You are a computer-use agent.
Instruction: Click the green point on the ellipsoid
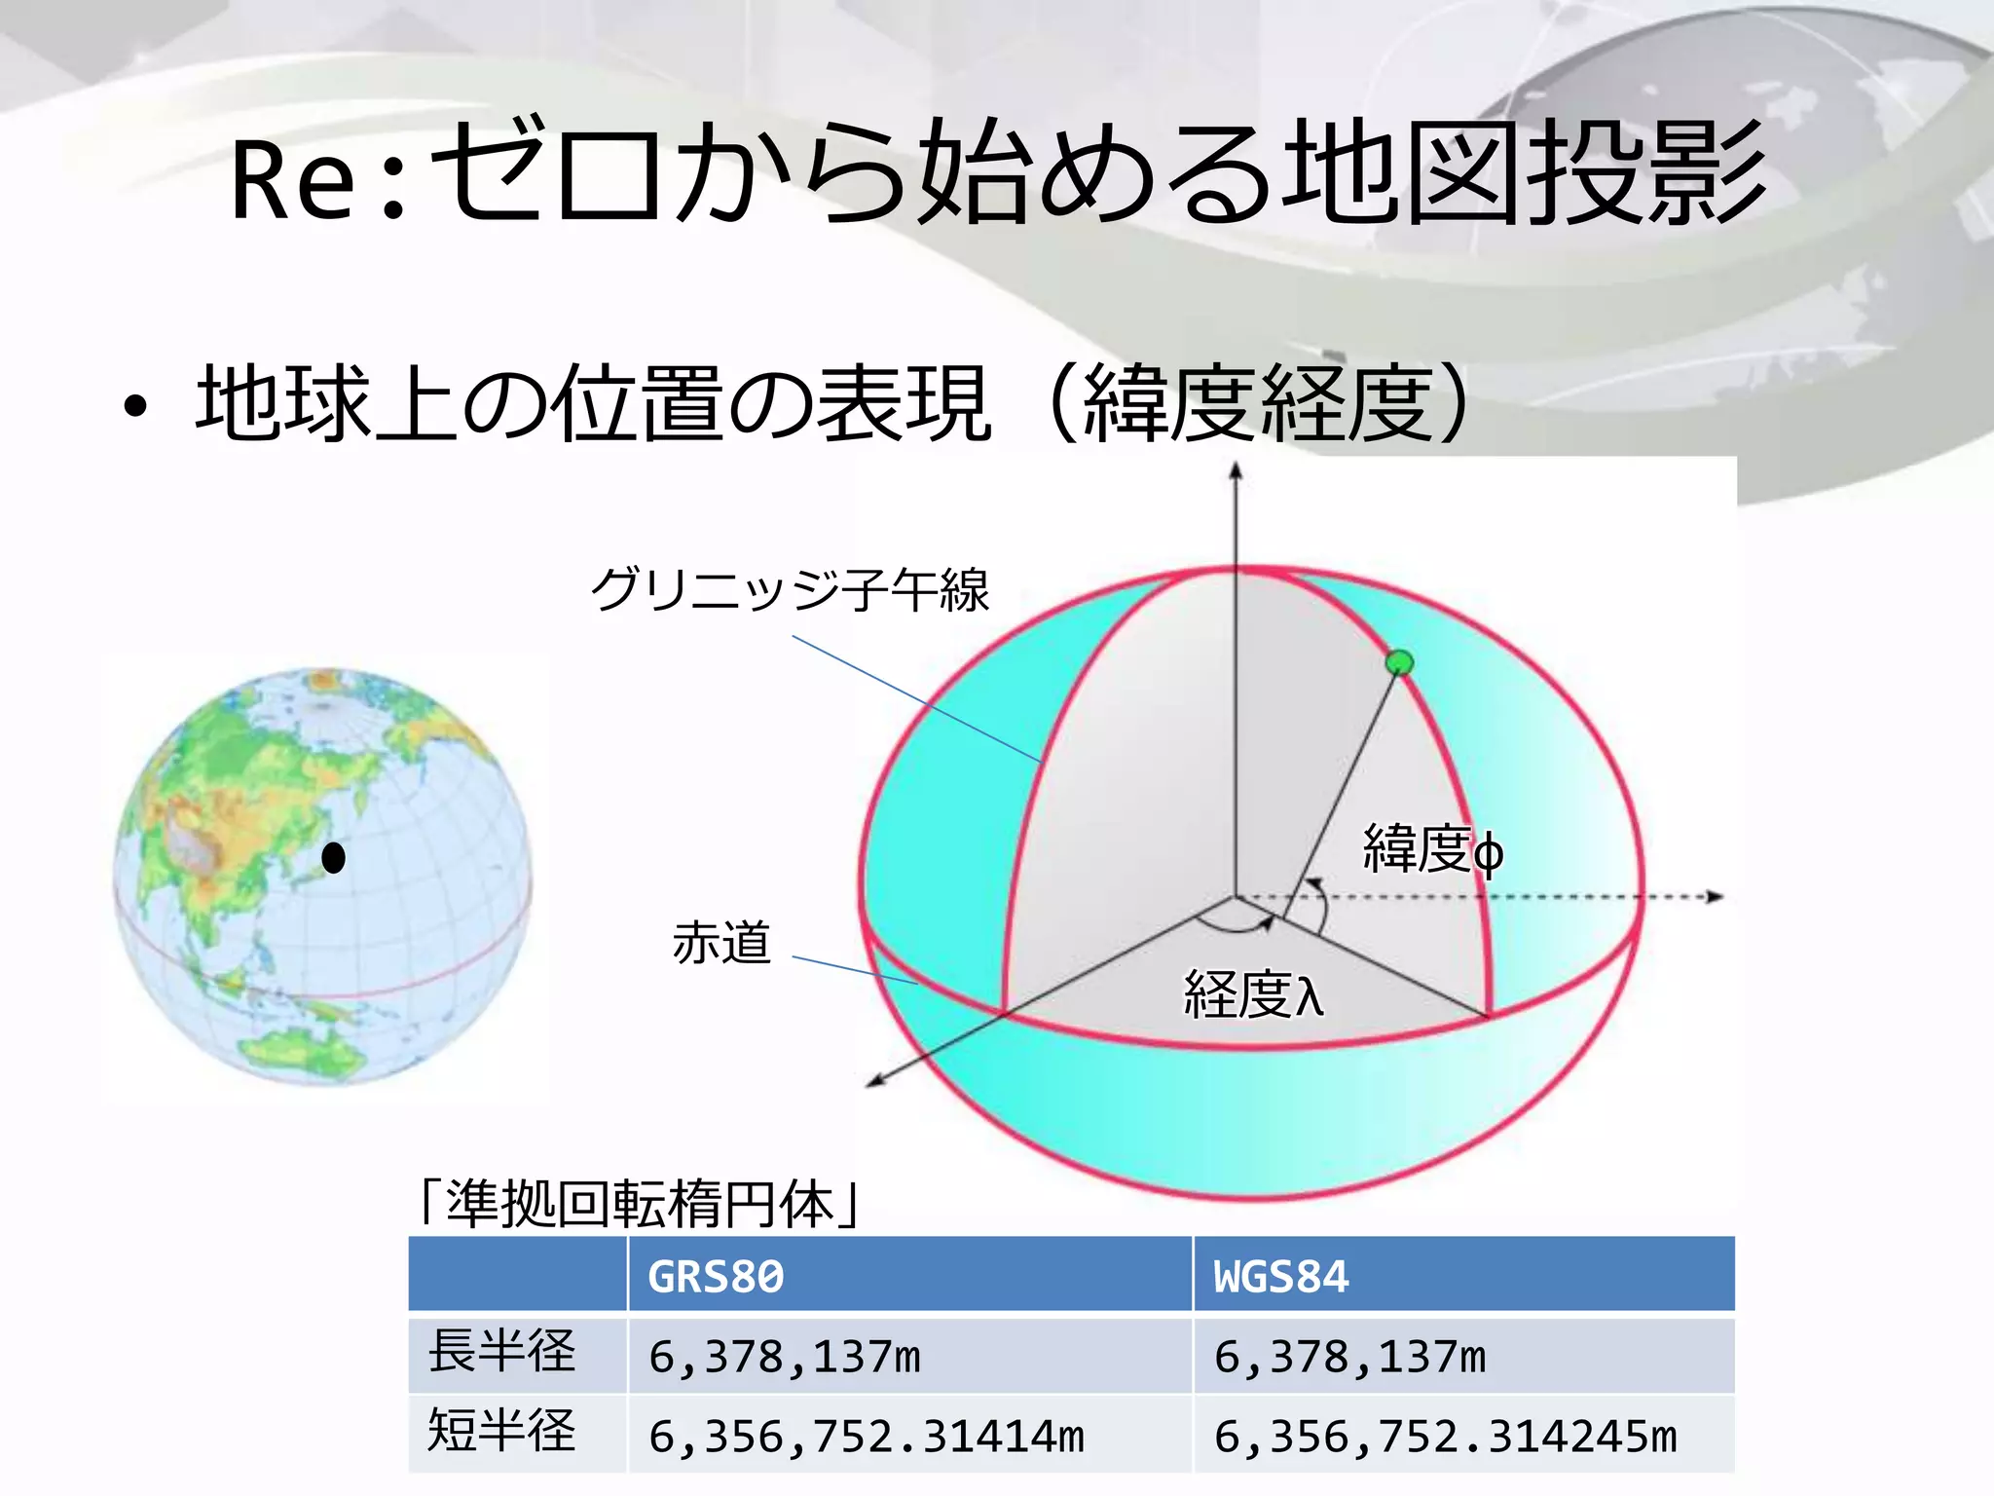click(1399, 663)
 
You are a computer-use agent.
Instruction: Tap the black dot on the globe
click(334, 858)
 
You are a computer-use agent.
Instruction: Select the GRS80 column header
click(716, 1277)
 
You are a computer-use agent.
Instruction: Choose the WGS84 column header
click(1281, 1277)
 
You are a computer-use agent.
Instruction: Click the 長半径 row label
click(502, 1352)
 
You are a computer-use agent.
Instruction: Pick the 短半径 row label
click(502, 1431)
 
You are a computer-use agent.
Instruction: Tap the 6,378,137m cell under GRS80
click(785, 1357)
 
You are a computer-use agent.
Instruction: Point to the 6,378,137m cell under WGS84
click(1349, 1357)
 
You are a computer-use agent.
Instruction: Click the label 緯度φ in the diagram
click(1432, 849)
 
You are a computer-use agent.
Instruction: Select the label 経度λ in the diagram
click(1254, 995)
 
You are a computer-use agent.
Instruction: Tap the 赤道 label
click(721, 943)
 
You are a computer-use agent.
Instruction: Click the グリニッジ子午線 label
click(790, 589)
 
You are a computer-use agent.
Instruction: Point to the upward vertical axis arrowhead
click(1236, 471)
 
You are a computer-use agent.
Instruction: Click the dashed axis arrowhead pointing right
click(1716, 896)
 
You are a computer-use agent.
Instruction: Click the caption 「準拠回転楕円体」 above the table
click(639, 1205)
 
